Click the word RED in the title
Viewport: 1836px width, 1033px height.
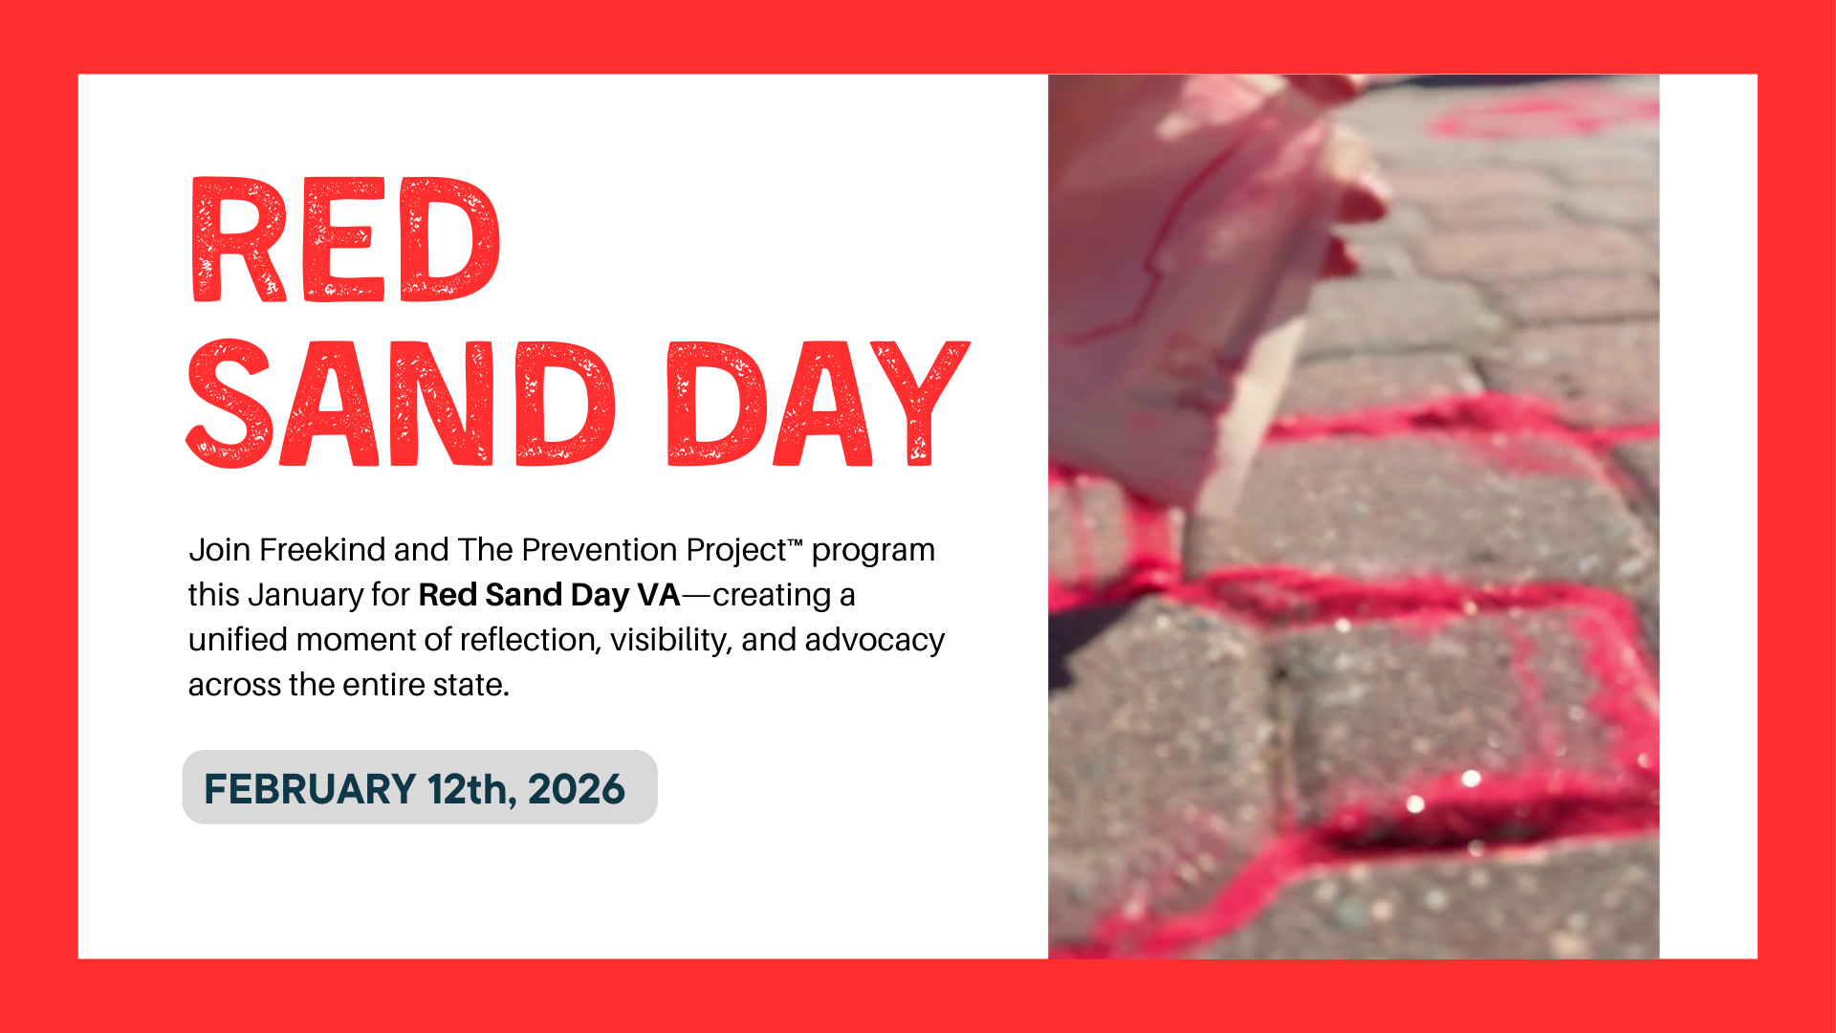pyautogui.click(x=345, y=240)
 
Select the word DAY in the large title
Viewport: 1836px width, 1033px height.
pyautogui.click(x=818, y=404)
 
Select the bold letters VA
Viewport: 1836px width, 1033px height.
pyautogui.click(x=658, y=595)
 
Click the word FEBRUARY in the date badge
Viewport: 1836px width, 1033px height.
pyautogui.click(x=310, y=789)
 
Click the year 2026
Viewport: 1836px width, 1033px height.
pyautogui.click(x=576, y=789)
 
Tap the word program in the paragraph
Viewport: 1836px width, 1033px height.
pyautogui.click(x=873, y=551)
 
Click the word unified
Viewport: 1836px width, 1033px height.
pyautogui.click(x=237, y=640)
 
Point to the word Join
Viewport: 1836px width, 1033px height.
pyautogui.click(x=219, y=550)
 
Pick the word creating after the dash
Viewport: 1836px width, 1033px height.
pyautogui.click(x=772, y=596)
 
